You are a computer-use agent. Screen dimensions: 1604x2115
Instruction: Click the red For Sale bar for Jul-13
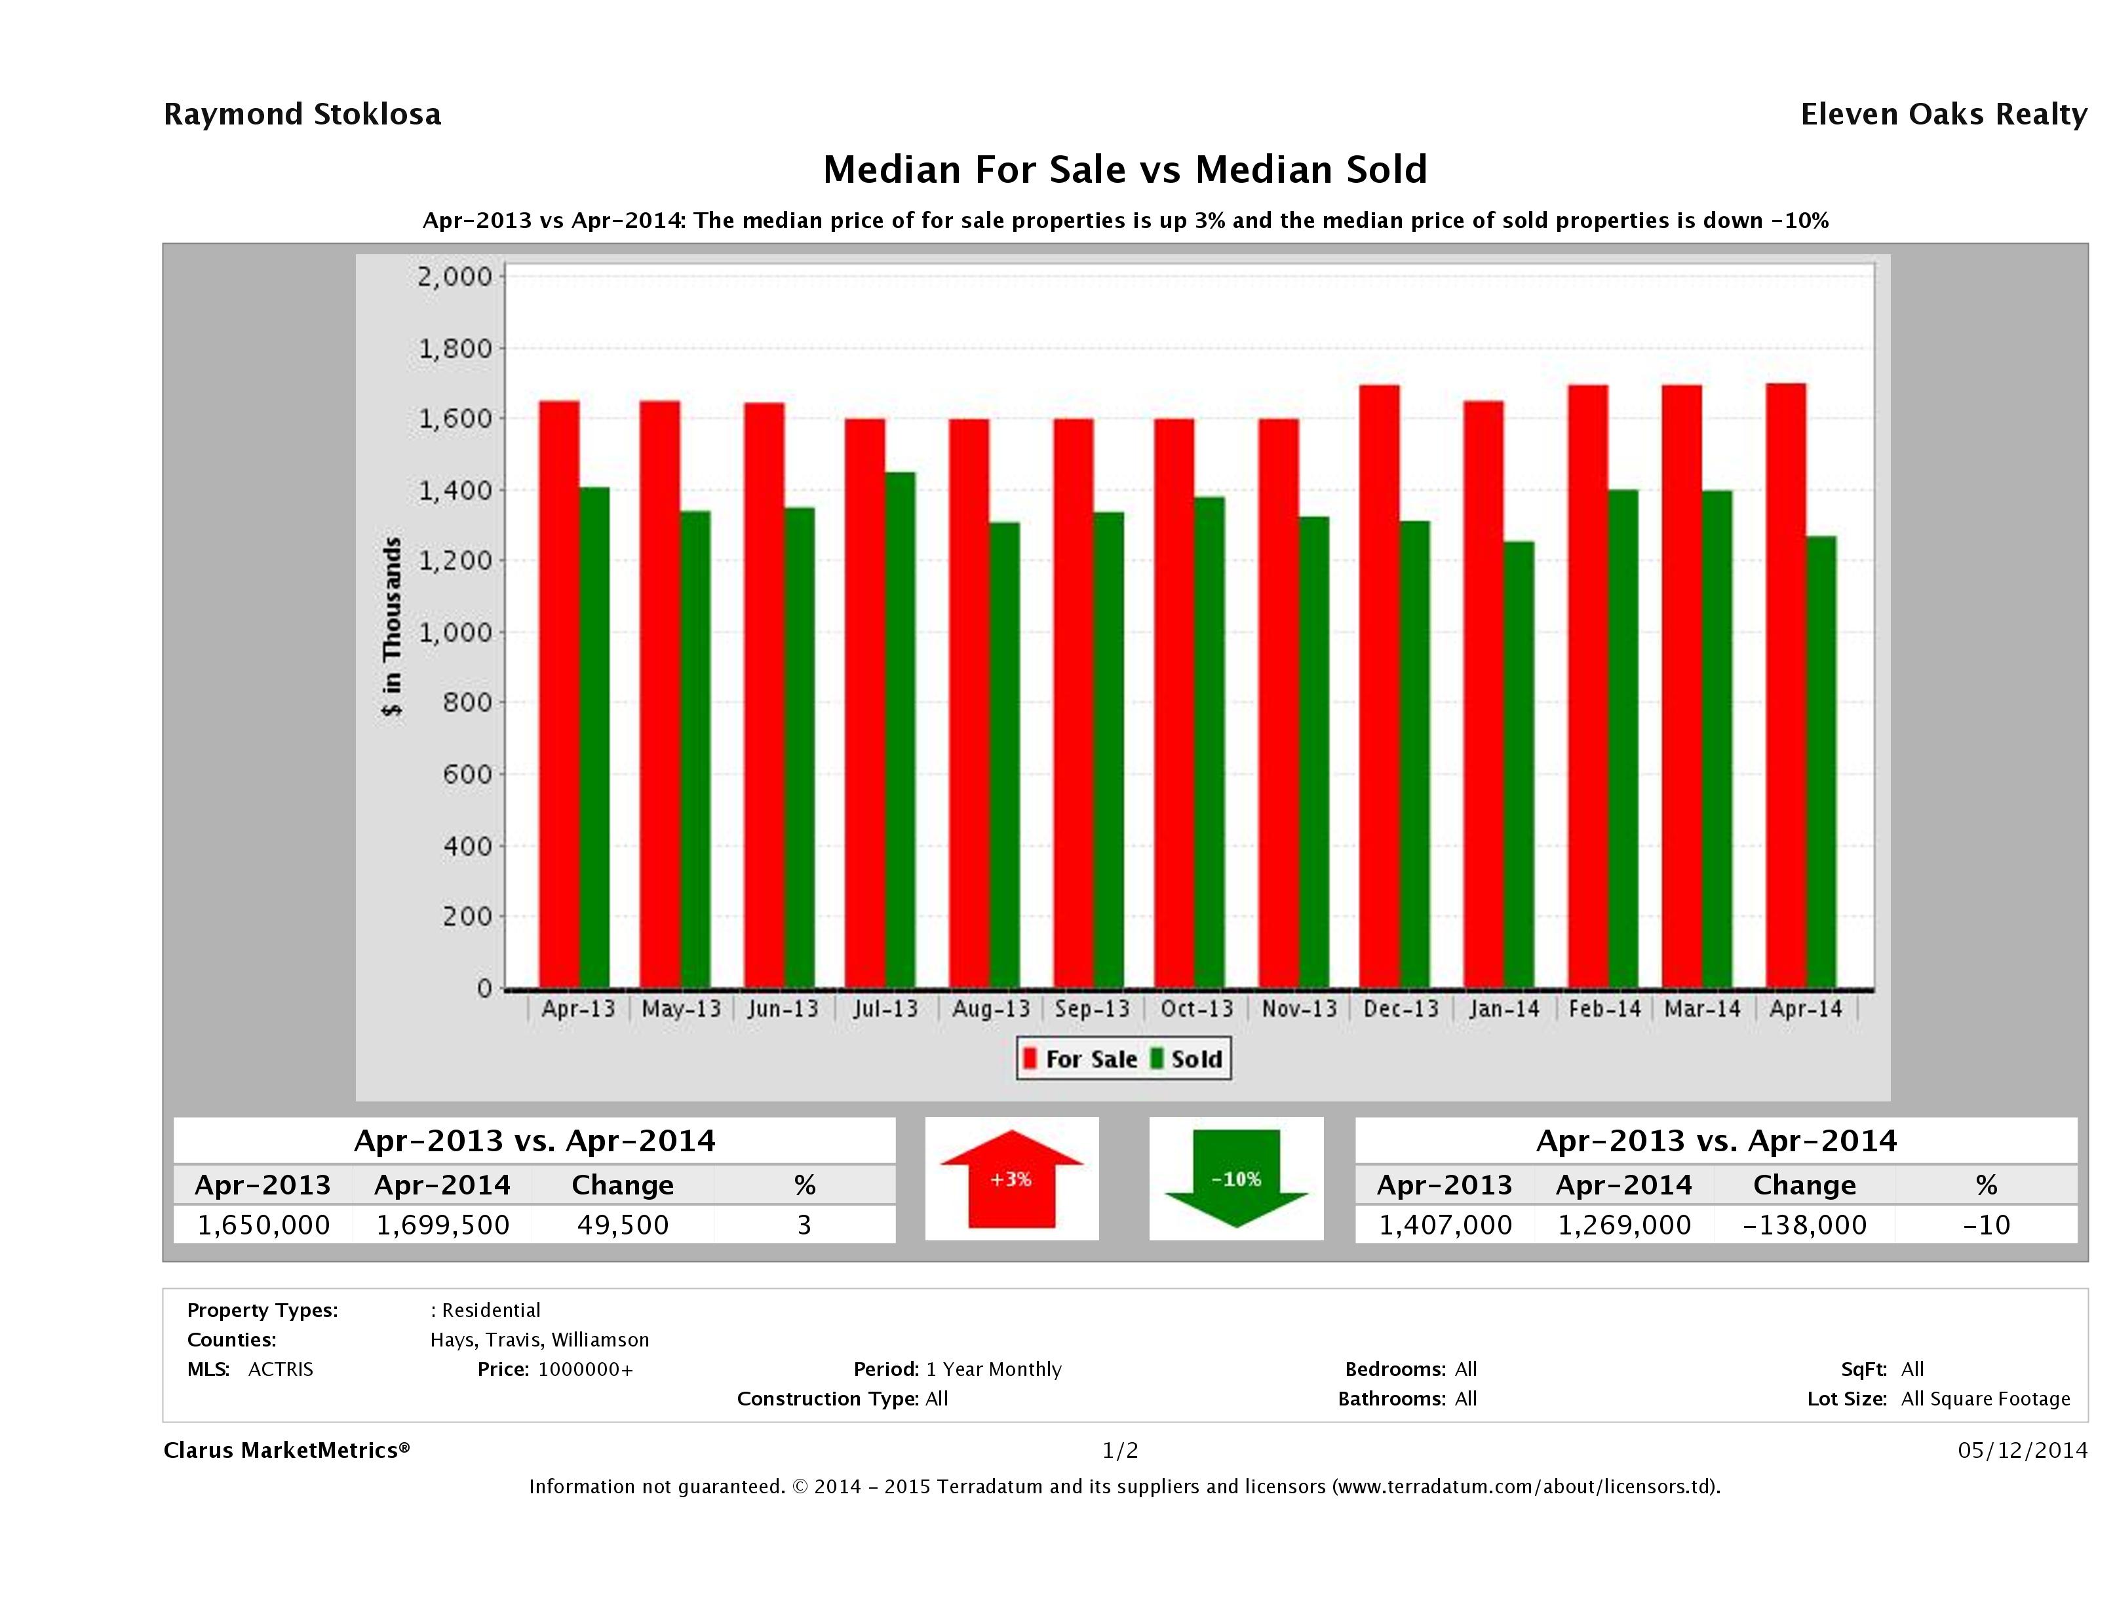pyautogui.click(x=864, y=702)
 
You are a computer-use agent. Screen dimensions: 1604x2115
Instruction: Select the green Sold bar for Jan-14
pyautogui.click(x=1519, y=765)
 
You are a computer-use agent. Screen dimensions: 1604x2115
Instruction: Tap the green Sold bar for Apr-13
pyautogui.click(x=594, y=736)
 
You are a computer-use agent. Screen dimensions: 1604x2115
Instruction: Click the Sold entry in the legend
pyautogui.click(x=1186, y=1059)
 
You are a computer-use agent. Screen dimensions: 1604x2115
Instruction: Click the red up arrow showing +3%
pyautogui.click(x=1011, y=1179)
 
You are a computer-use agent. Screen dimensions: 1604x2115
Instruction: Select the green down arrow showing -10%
pyautogui.click(x=1236, y=1179)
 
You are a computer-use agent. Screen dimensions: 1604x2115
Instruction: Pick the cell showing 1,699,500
pyautogui.click(x=442, y=1225)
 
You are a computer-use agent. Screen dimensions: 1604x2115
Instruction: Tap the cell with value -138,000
pyautogui.click(x=1804, y=1225)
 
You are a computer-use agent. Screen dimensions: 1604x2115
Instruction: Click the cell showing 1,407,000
pyautogui.click(x=1445, y=1225)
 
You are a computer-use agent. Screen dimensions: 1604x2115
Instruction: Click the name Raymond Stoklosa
pyautogui.click(x=302, y=115)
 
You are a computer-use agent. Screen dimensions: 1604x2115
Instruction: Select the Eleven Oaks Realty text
pyautogui.click(x=1943, y=115)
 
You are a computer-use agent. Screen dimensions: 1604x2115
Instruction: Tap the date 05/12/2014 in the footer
pyautogui.click(x=2022, y=1450)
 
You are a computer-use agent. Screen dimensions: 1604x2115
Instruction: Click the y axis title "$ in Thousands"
pyautogui.click(x=392, y=626)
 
